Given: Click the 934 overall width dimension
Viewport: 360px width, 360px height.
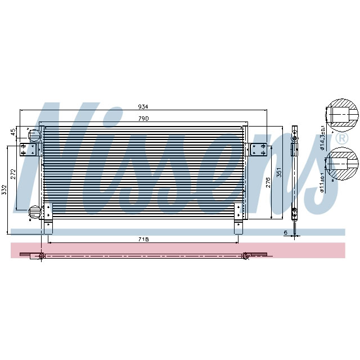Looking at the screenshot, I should (143, 107).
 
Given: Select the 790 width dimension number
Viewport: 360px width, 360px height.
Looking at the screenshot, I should (143, 118).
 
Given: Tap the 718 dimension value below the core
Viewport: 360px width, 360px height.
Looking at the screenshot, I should (143, 240).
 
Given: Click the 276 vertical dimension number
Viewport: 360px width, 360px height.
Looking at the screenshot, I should (269, 181).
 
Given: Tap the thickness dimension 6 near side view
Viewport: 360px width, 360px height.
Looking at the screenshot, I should (286, 232).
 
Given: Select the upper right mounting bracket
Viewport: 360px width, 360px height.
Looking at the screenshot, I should (259, 150).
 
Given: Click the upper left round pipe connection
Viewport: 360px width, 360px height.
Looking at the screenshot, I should (34, 135).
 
